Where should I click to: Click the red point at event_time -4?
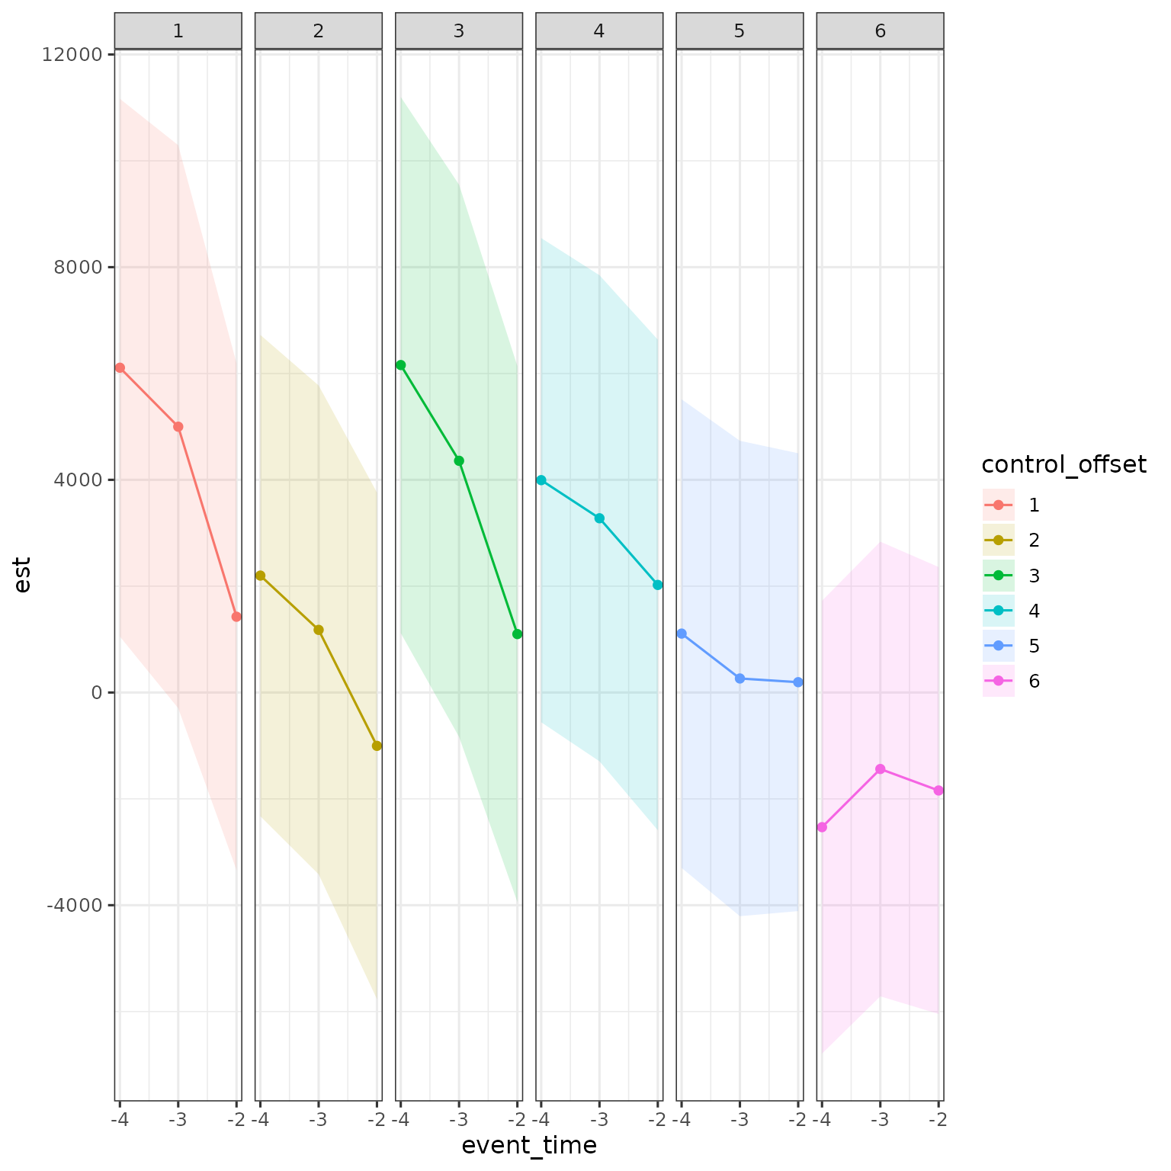click(x=120, y=367)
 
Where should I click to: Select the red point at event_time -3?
click(x=178, y=427)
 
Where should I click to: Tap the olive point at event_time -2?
click(x=377, y=746)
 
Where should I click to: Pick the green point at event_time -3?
click(x=459, y=460)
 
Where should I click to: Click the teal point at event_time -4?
click(x=541, y=480)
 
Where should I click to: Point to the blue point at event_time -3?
click(x=739, y=679)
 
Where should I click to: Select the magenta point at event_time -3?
click(x=880, y=768)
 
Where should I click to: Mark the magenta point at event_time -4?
click(x=822, y=827)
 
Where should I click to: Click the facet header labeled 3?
click(x=459, y=31)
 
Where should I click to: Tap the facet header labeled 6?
click(x=880, y=31)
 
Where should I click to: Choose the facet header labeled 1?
click(x=178, y=31)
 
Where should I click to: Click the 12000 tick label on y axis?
click(x=74, y=54)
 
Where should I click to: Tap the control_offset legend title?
click(x=1064, y=464)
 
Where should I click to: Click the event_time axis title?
click(x=529, y=1146)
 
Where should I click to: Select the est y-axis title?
click(x=23, y=575)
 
